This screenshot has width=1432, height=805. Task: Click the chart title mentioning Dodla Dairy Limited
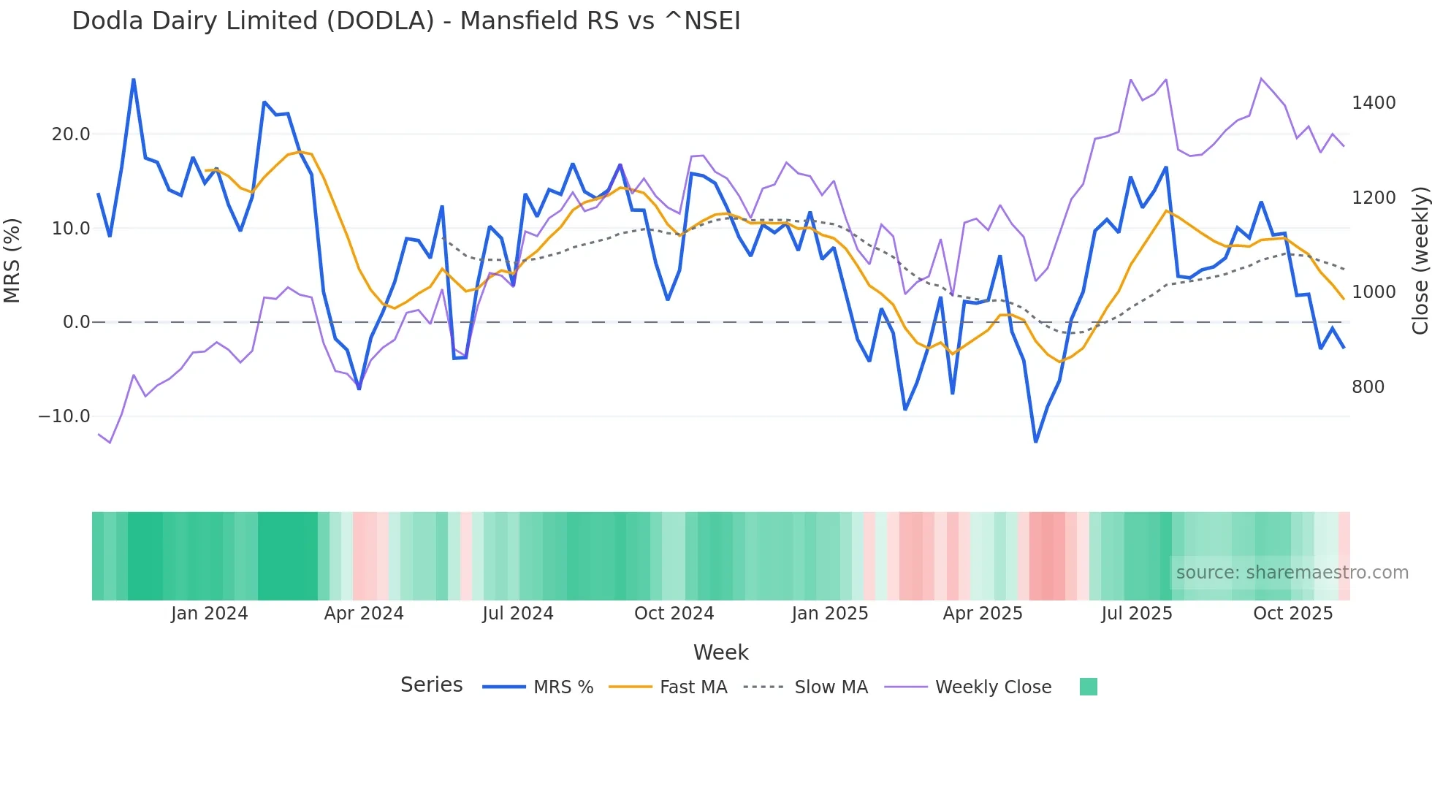(405, 21)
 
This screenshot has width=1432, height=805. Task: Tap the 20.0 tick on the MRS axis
(71, 134)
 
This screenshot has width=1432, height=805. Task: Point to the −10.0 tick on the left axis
(64, 416)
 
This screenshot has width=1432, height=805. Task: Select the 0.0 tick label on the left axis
(76, 322)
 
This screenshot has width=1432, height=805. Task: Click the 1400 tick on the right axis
(1374, 103)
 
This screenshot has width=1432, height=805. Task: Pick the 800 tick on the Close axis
(1368, 387)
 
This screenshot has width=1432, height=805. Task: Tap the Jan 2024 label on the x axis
(210, 614)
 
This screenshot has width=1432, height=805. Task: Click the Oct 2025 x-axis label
(1292, 614)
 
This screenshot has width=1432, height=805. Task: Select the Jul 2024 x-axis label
(518, 614)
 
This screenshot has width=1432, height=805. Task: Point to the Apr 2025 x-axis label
(983, 614)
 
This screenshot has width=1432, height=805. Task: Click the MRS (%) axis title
(12, 261)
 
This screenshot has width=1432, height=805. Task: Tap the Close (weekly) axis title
(1420, 261)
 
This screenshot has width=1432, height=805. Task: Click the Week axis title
(720, 652)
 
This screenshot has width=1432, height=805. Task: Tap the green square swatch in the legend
(1088, 687)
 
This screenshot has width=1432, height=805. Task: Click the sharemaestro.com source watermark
(1292, 573)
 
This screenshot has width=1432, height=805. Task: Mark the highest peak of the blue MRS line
(134, 79)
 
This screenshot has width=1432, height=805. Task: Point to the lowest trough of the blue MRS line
(1036, 442)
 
